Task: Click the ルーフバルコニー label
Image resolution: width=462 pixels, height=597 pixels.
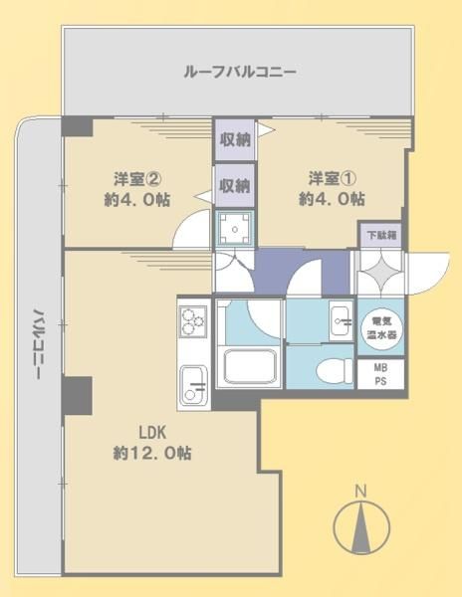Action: click(240, 72)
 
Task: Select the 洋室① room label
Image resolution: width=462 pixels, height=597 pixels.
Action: click(333, 178)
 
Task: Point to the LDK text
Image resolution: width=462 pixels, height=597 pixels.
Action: click(152, 433)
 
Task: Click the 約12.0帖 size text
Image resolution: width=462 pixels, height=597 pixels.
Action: click(152, 453)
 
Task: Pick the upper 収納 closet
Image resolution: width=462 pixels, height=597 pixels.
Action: click(234, 139)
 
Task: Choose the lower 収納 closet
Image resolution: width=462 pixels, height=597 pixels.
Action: click(234, 185)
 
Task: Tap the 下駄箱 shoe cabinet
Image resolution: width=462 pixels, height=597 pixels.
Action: click(381, 235)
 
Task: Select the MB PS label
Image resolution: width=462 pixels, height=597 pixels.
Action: click(380, 374)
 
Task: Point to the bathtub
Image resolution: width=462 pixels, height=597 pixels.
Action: click(250, 366)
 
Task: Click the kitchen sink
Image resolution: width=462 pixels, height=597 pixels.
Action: click(193, 385)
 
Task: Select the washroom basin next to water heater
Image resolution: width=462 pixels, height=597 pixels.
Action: click(341, 320)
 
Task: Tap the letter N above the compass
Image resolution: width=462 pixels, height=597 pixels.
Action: click(360, 492)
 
